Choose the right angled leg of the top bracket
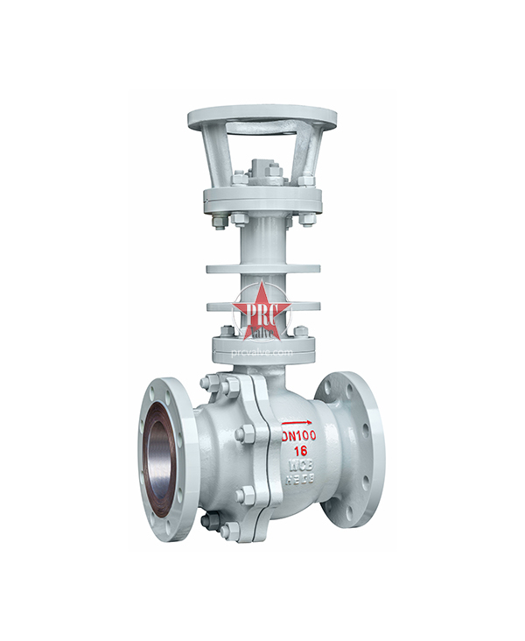coord(310,154)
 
